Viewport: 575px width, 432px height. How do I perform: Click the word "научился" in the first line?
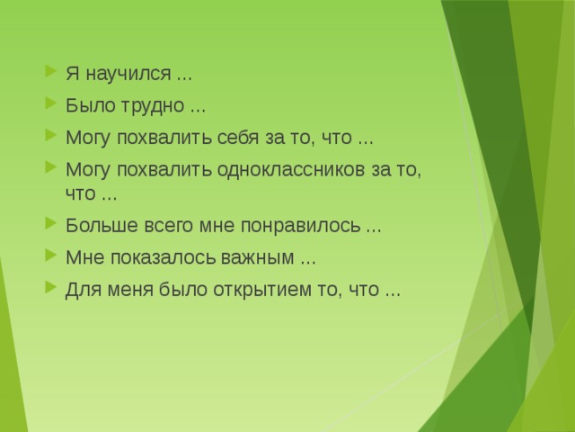pyautogui.click(x=122, y=74)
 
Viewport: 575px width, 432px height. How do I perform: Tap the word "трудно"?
pyautogui.click(x=153, y=105)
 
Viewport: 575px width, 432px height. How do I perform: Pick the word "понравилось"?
pyautogui.click(x=314, y=225)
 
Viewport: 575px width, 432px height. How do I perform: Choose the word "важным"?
pyautogui.click(x=261, y=257)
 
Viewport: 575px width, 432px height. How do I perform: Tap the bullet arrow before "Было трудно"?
pyautogui.click(x=49, y=105)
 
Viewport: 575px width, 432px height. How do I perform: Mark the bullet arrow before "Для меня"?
pyautogui.click(x=49, y=289)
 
